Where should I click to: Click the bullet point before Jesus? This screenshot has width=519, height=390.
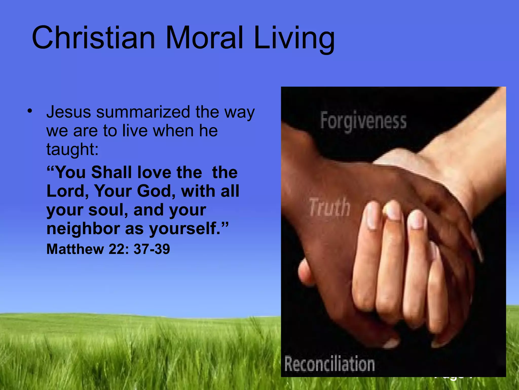tap(30, 111)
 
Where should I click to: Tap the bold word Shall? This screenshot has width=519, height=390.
tap(112, 172)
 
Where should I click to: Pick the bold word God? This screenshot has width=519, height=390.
tap(156, 191)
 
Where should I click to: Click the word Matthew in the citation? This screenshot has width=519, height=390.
tap(75, 249)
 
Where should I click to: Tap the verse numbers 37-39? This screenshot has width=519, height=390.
tap(152, 249)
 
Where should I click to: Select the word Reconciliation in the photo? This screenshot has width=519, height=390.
tap(329, 364)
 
